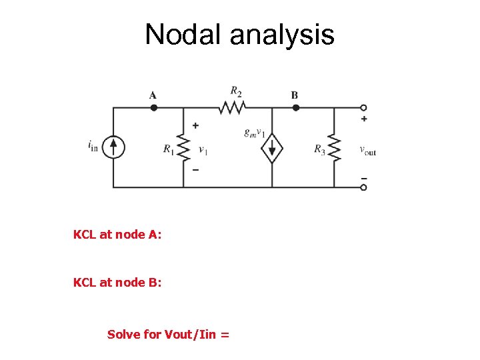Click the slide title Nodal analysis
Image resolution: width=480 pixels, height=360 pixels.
[239, 34]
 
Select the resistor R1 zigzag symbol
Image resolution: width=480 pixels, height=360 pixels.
[184, 147]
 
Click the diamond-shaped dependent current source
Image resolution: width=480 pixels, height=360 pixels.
[271, 148]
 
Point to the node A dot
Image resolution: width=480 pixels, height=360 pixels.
[153, 107]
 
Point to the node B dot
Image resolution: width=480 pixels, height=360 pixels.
[295, 107]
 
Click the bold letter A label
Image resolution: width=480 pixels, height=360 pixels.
[153, 95]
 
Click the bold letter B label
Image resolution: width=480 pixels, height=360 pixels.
[295, 95]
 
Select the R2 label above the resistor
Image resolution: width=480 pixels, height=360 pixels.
[235, 91]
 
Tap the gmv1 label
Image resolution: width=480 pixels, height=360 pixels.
[255, 133]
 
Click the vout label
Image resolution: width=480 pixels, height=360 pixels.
[367, 150]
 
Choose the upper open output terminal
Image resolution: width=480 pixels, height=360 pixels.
[363, 107]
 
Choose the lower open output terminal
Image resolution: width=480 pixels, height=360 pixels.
[363, 187]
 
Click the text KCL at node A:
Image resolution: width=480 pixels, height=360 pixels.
[117, 235]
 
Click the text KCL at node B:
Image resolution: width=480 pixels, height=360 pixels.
[117, 283]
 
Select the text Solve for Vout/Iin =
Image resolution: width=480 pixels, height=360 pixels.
[168, 334]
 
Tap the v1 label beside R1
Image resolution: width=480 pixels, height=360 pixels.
[203, 150]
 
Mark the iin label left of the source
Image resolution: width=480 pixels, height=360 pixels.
[92, 145]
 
